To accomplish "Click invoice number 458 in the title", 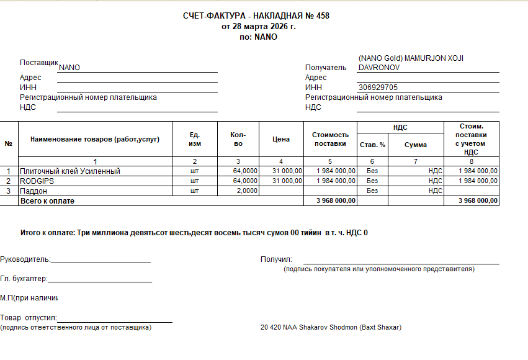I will point(323,16).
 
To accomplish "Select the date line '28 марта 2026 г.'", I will point(264,26).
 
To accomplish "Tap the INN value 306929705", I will point(378,88).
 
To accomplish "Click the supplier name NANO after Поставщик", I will point(69,68).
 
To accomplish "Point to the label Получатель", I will point(326,68).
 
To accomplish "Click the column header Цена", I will point(281,140).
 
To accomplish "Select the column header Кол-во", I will point(238,140).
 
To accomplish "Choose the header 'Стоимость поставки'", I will point(330,139).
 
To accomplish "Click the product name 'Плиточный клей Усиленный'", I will point(70,171).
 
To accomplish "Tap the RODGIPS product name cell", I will point(38,181).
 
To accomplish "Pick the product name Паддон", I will point(34,191).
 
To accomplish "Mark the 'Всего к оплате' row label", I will point(47,201).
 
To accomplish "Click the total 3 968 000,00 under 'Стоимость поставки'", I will point(336,201).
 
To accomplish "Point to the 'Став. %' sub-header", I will point(372,145).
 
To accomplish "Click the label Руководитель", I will point(25,259).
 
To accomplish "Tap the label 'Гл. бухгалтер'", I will point(24,279).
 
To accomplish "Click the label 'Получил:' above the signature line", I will point(276,259).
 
